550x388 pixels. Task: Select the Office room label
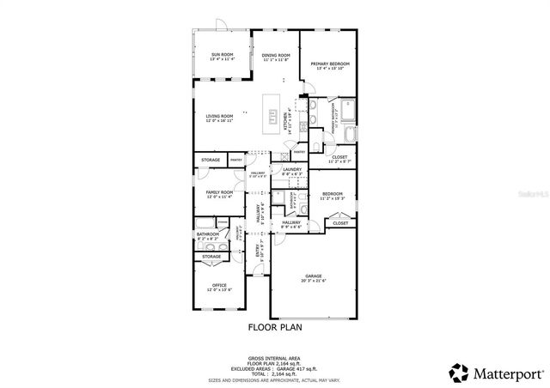tap(219, 286)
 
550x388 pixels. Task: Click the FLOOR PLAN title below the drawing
tap(275, 326)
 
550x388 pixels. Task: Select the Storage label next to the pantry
tap(211, 161)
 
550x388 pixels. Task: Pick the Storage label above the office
tap(211, 256)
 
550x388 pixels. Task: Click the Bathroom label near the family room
tap(207, 235)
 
